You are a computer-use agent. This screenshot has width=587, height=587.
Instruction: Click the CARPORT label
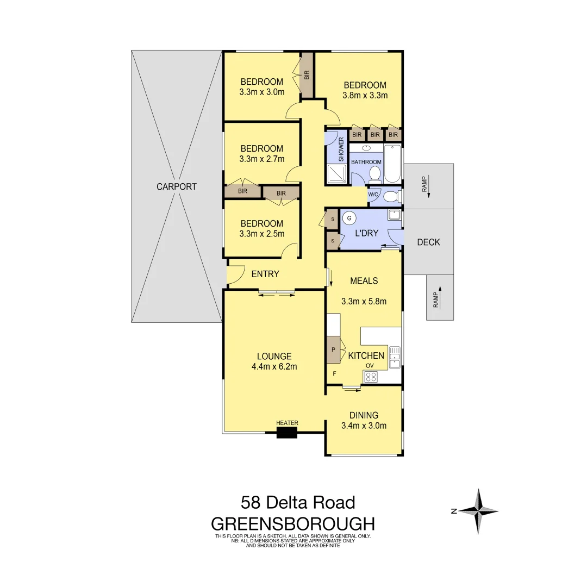[177, 186]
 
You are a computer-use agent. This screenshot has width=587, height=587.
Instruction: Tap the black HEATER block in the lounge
[287, 433]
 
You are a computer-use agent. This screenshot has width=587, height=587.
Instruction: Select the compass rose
[479, 511]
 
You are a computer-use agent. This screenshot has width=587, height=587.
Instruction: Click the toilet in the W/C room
[390, 196]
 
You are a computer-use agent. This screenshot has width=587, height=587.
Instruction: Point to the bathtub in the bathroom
[392, 164]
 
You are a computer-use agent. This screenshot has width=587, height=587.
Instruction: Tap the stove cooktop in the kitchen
[371, 377]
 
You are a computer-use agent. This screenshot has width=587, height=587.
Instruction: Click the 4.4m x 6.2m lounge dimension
[274, 366]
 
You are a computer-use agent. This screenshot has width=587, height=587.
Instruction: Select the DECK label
[428, 242]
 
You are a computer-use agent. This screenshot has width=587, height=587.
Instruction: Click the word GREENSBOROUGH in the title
[293, 524]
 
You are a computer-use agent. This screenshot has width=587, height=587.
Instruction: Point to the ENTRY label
[265, 274]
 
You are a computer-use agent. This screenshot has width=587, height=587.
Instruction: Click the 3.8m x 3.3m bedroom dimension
[365, 96]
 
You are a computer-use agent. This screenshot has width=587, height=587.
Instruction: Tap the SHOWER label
[341, 149]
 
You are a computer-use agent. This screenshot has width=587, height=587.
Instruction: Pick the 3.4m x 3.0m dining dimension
[364, 426]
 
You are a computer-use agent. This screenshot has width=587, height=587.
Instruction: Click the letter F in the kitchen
[334, 373]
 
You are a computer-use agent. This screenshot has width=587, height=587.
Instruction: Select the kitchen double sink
[395, 356]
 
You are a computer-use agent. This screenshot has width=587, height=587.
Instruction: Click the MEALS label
[364, 281]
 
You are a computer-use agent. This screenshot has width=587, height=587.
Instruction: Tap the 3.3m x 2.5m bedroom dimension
[262, 234]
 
